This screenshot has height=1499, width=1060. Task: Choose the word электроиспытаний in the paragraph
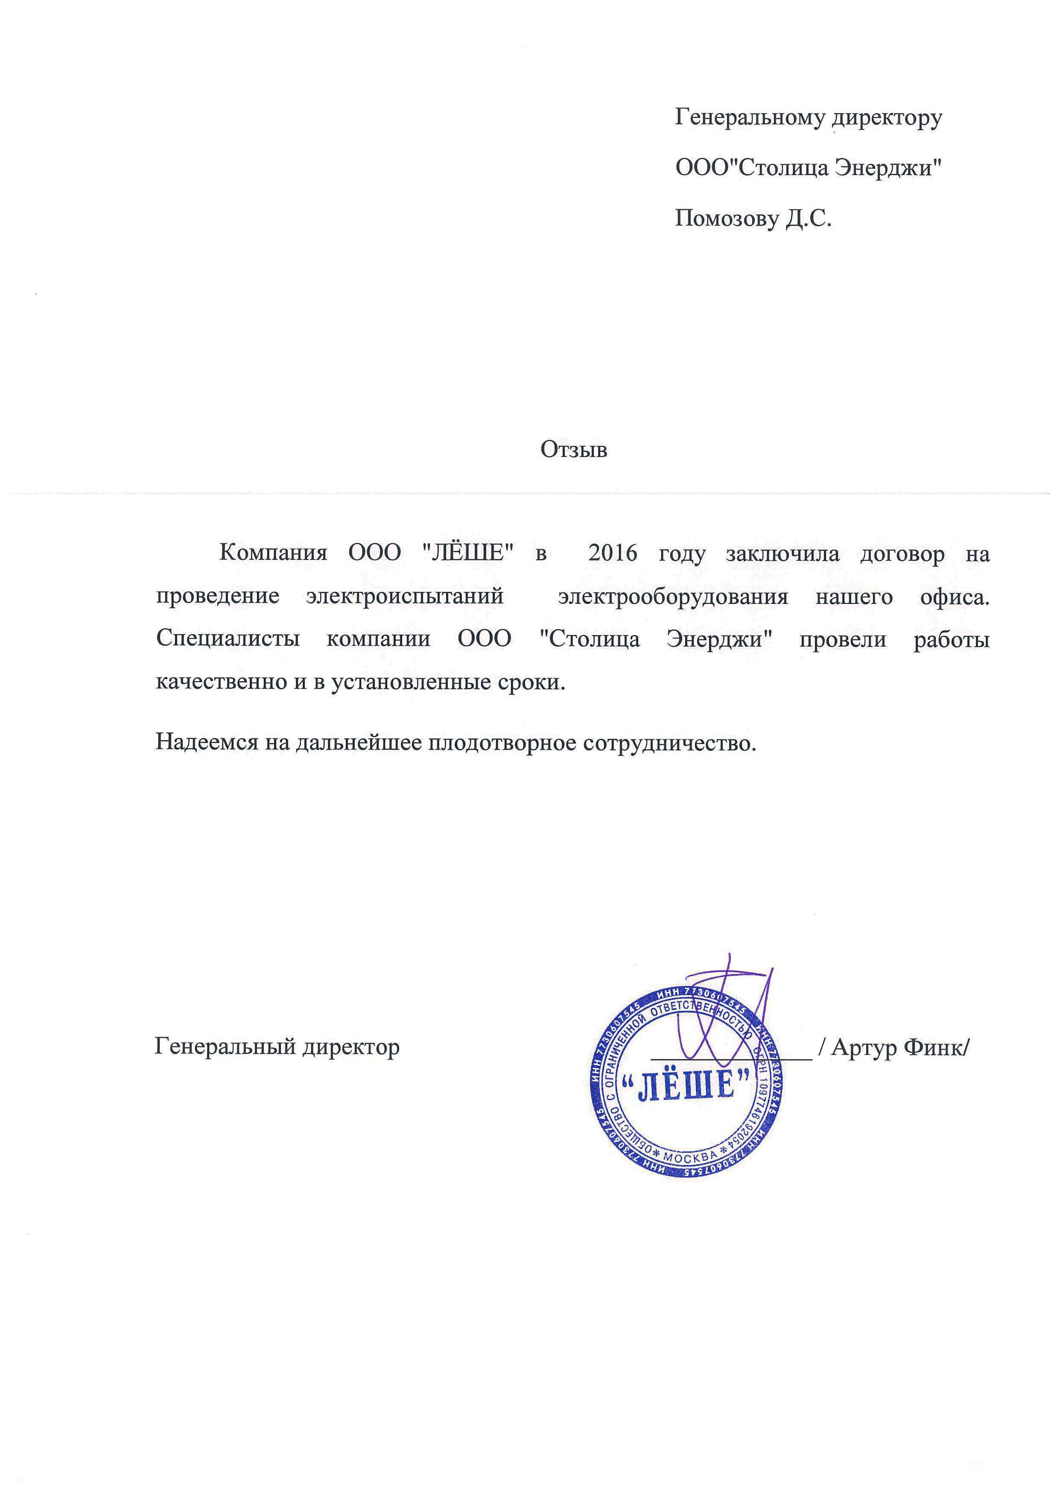405,596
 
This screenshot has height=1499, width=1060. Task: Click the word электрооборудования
672,596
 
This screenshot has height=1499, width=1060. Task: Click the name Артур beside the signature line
864,1047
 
